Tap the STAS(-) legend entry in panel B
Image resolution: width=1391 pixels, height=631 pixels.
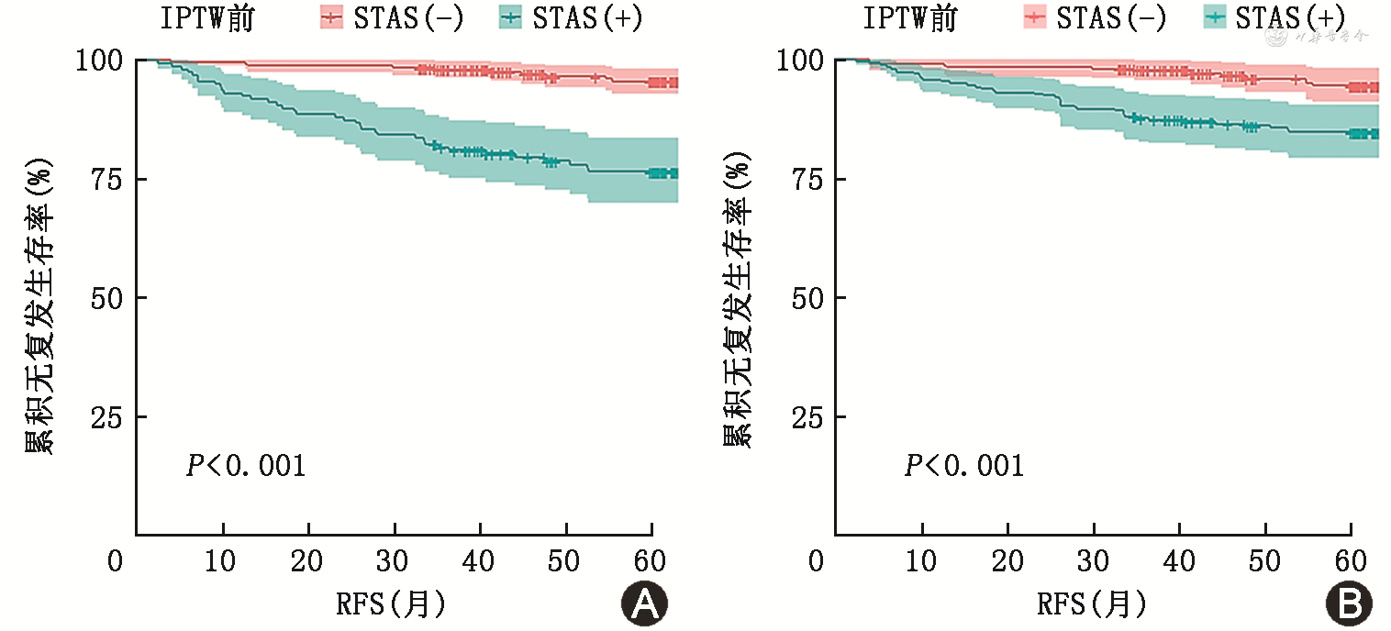point(1078,18)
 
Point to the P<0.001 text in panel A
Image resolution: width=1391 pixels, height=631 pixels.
point(245,466)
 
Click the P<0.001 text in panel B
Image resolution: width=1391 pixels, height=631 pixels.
point(963,466)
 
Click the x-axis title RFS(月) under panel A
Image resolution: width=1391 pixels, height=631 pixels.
point(392,604)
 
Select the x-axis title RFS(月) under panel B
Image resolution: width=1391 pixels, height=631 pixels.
point(1092,604)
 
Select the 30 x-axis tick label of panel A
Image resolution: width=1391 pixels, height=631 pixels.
point(394,560)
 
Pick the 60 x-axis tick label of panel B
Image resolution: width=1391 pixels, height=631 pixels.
point(1351,560)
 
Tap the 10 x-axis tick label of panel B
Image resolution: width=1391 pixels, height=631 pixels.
point(921,560)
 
